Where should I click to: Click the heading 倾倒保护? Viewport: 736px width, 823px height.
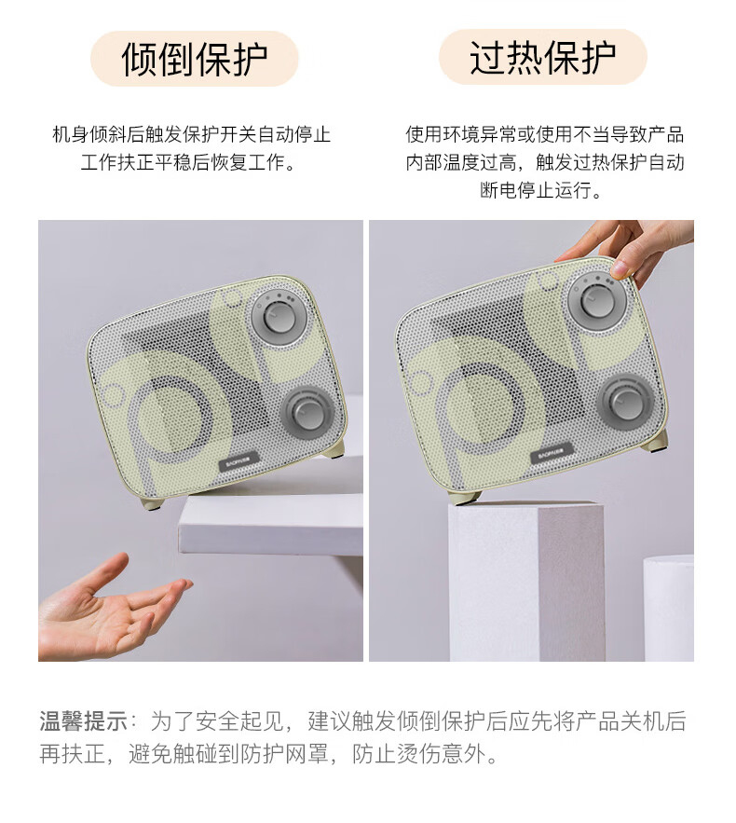(x=195, y=59)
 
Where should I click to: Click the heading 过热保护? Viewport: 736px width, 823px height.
(x=542, y=57)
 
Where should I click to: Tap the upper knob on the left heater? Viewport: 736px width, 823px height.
(x=280, y=317)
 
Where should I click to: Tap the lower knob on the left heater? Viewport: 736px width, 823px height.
(x=308, y=413)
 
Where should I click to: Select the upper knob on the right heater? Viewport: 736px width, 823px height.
(x=596, y=300)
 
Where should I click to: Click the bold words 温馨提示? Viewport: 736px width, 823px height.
(x=84, y=721)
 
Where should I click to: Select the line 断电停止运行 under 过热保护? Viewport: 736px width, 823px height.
(x=540, y=190)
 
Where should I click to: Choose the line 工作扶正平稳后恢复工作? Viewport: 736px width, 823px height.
(x=188, y=162)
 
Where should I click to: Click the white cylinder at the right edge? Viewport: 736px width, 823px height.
(x=668, y=608)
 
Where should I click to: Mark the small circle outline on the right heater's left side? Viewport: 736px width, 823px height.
(x=419, y=383)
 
